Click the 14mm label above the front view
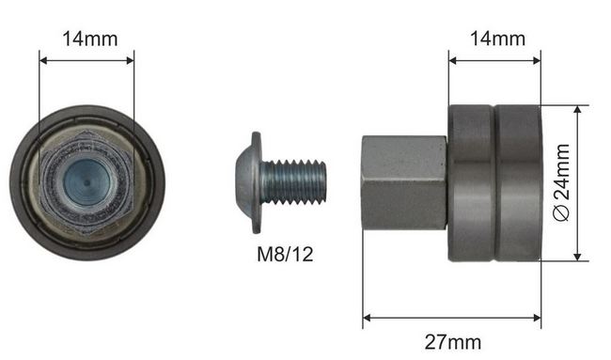[x=90, y=39]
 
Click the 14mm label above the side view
[x=497, y=39]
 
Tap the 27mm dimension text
[x=453, y=342]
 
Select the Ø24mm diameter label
[x=562, y=182]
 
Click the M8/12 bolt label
[x=285, y=254]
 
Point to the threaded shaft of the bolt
[x=294, y=182]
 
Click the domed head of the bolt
[x=244, y=182]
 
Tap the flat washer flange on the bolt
[x=256, y=182]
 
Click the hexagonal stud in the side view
[x=404, y=182]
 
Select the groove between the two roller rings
[x=495, y=183]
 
